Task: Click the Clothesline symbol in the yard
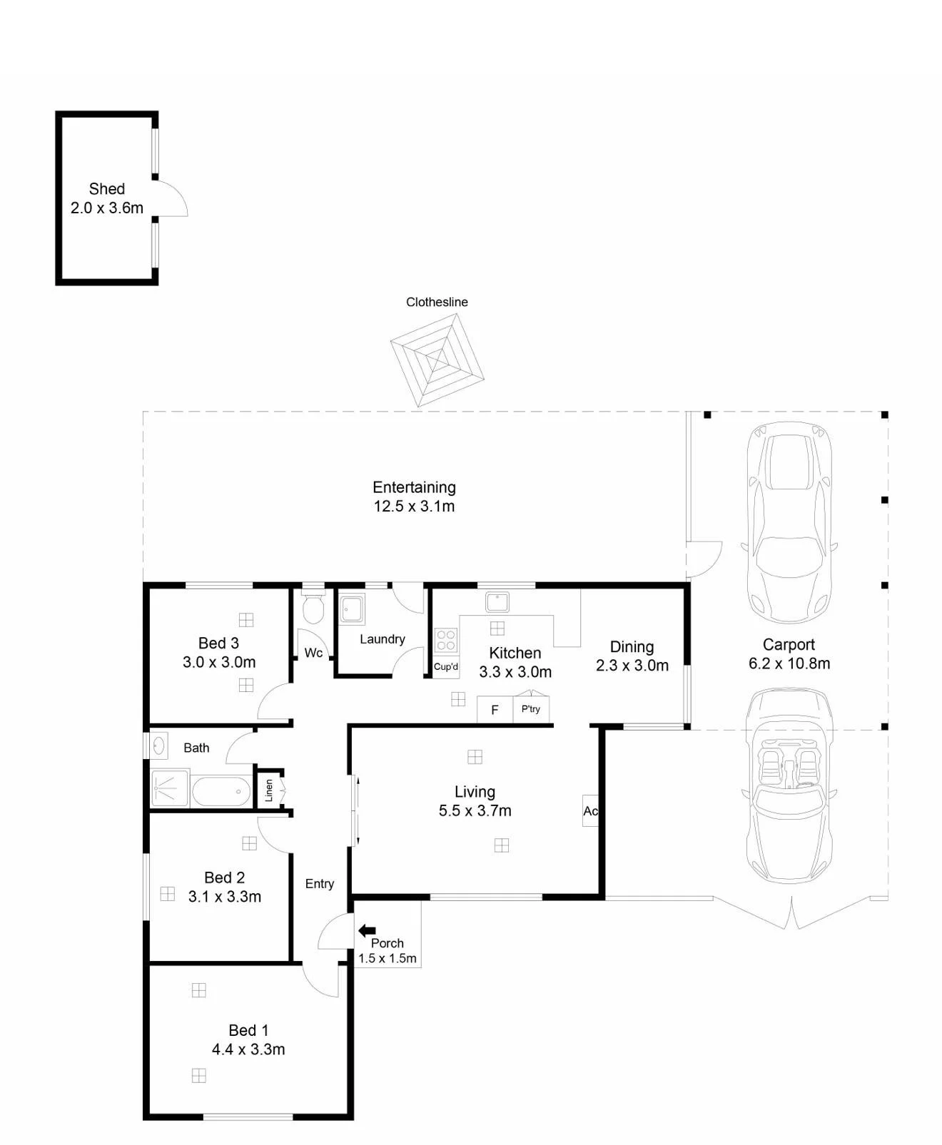(437, 360)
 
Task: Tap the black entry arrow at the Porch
(367, 930)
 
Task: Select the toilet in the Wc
(313, 609)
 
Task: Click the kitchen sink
(497, 602)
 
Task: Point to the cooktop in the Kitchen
(446, 639)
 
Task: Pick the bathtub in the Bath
(221, 791)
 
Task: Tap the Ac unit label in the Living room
(590, 810)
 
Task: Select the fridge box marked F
(495, 710)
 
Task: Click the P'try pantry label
(531, 708)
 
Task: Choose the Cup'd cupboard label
(446, 667)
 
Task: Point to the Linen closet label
(268, 790)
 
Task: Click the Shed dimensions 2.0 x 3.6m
(107, 208)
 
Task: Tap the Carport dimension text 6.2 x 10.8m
(789, 663)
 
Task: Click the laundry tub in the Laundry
(352, 609)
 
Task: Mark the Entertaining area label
(414, 487)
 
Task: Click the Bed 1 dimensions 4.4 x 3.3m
(248, 1049)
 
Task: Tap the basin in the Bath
(158, 745)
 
